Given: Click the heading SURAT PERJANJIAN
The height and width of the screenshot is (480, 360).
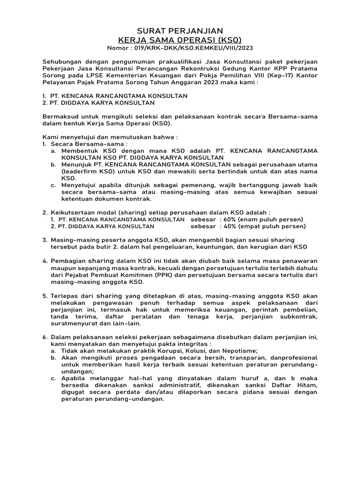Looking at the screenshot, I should click(180, 30).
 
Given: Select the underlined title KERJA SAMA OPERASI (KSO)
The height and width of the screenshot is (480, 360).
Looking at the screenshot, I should click(180, 40).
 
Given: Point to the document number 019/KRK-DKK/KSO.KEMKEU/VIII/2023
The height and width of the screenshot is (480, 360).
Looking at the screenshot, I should click(193, 48).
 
